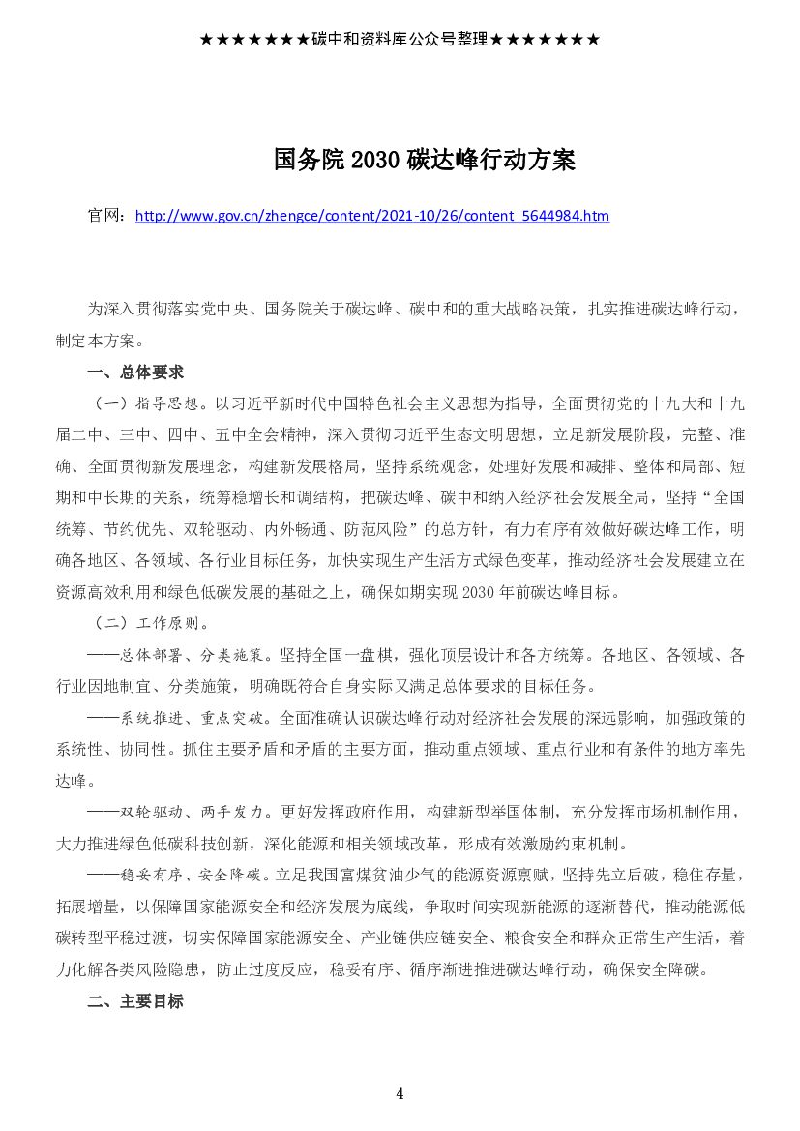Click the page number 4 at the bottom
coord(400,1094)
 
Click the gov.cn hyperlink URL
coord(372,216)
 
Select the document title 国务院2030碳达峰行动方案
coord(425,161)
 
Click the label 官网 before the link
coord(104,216)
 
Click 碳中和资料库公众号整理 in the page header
coord(400,40)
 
